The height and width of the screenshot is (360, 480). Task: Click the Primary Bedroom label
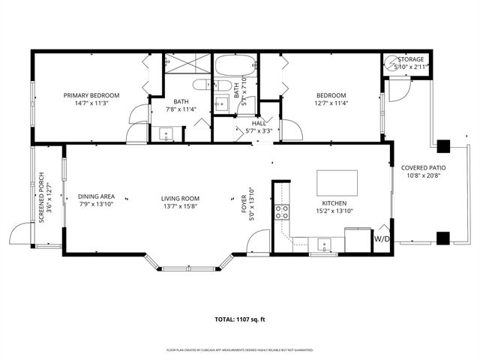coord(91,95)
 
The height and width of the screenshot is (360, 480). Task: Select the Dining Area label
coord(96,196)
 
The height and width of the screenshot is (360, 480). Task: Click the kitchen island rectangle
coord(337,182)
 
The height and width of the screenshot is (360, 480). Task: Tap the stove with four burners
coord(282,211)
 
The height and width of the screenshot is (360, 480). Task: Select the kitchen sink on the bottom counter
coord(325,242)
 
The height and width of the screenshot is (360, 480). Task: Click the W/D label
coord(382,238)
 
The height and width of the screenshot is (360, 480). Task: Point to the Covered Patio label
coord(423,168)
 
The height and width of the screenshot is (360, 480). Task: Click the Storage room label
coord(410,59)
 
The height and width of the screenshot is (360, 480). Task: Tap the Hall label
coord(258,122)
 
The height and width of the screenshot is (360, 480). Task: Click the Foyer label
coord(243,202)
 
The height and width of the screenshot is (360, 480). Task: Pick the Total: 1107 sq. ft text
coord(240,319)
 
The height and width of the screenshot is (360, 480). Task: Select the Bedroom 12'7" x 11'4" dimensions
coord(331,103)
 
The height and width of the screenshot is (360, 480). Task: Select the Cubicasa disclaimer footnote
coord(240,350)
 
